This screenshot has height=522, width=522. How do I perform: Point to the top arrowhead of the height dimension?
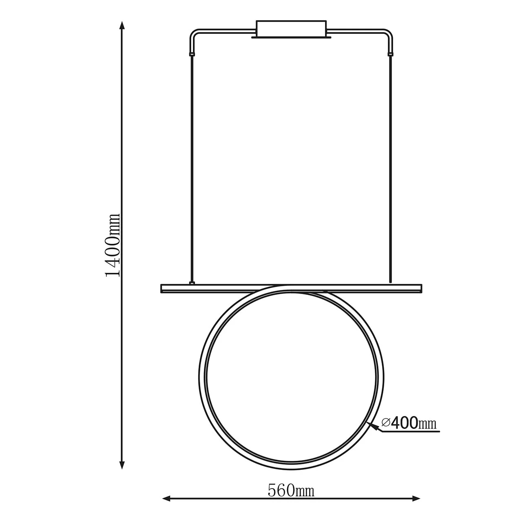122,26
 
